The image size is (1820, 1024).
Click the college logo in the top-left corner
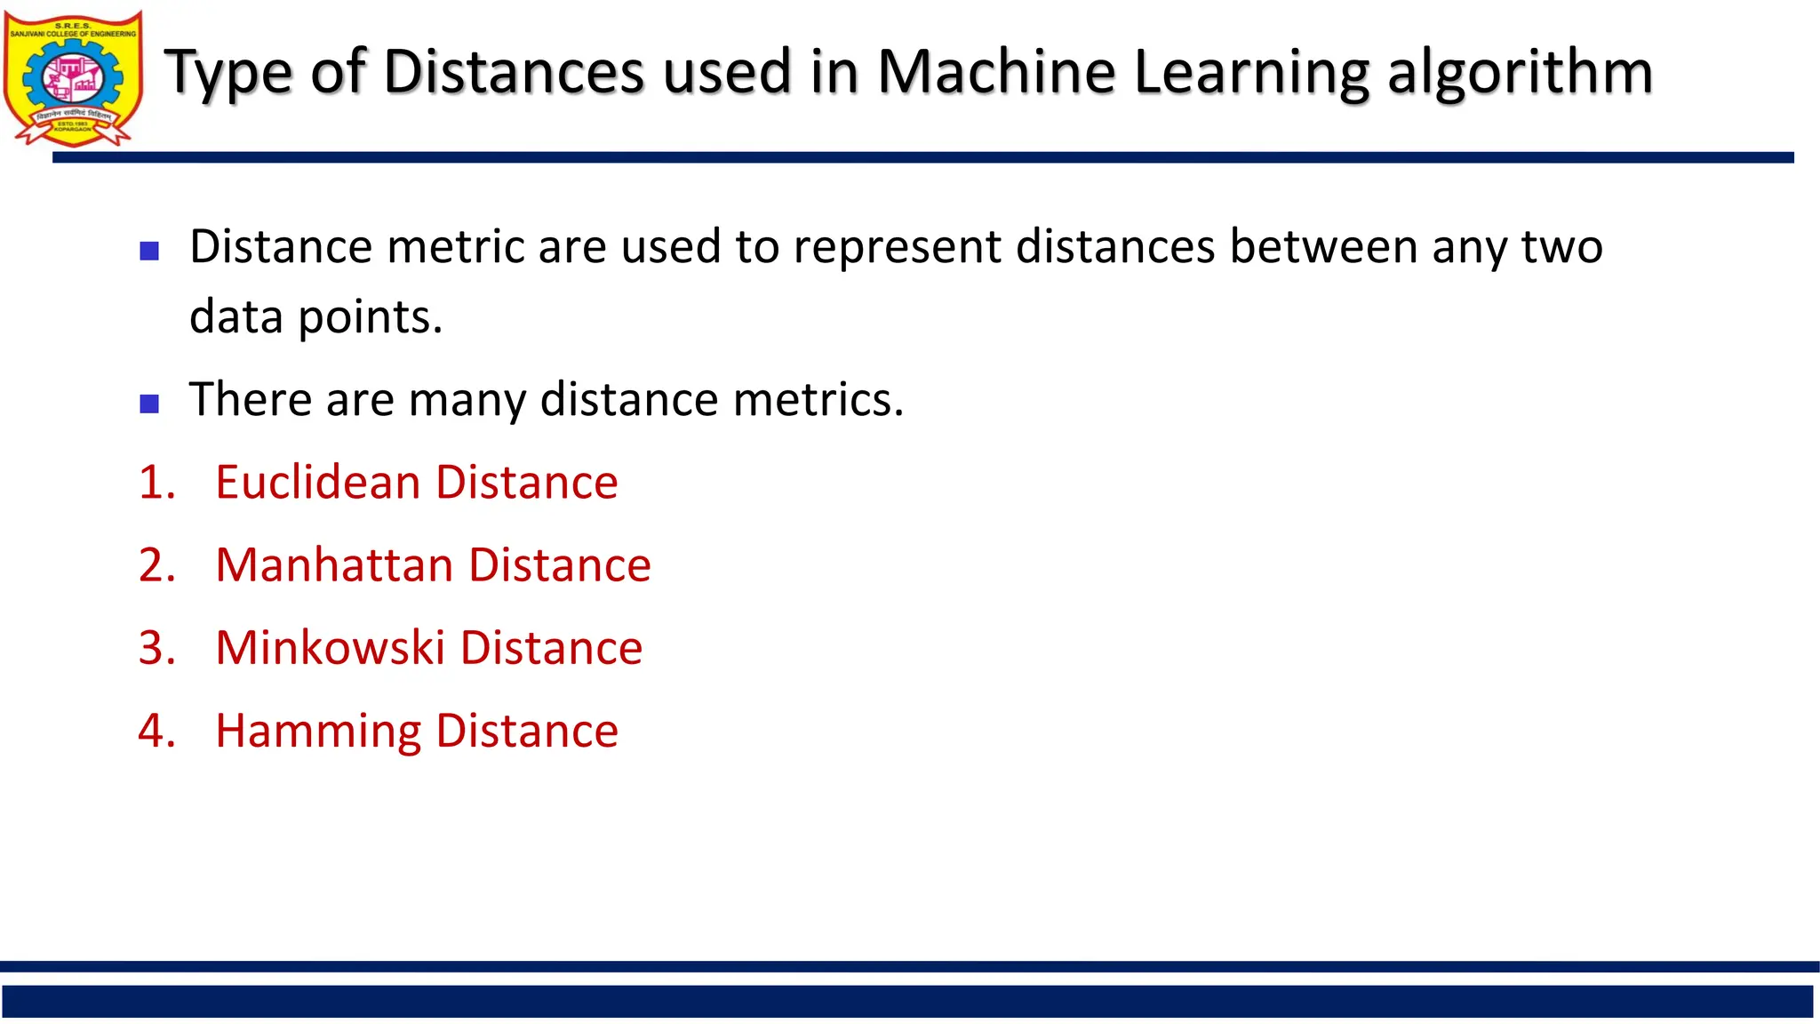tap(73, 78)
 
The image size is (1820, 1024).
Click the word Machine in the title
tap(996, 71)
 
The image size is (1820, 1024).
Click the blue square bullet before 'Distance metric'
tap(149, 251)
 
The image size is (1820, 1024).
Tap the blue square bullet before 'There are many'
tap(149, 404)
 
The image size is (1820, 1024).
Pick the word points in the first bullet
tap(370, 317)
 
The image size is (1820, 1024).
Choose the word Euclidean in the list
tap(317, 482)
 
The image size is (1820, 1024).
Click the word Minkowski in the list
tap(330, 647)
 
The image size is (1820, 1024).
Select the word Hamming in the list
tap(318, 731)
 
